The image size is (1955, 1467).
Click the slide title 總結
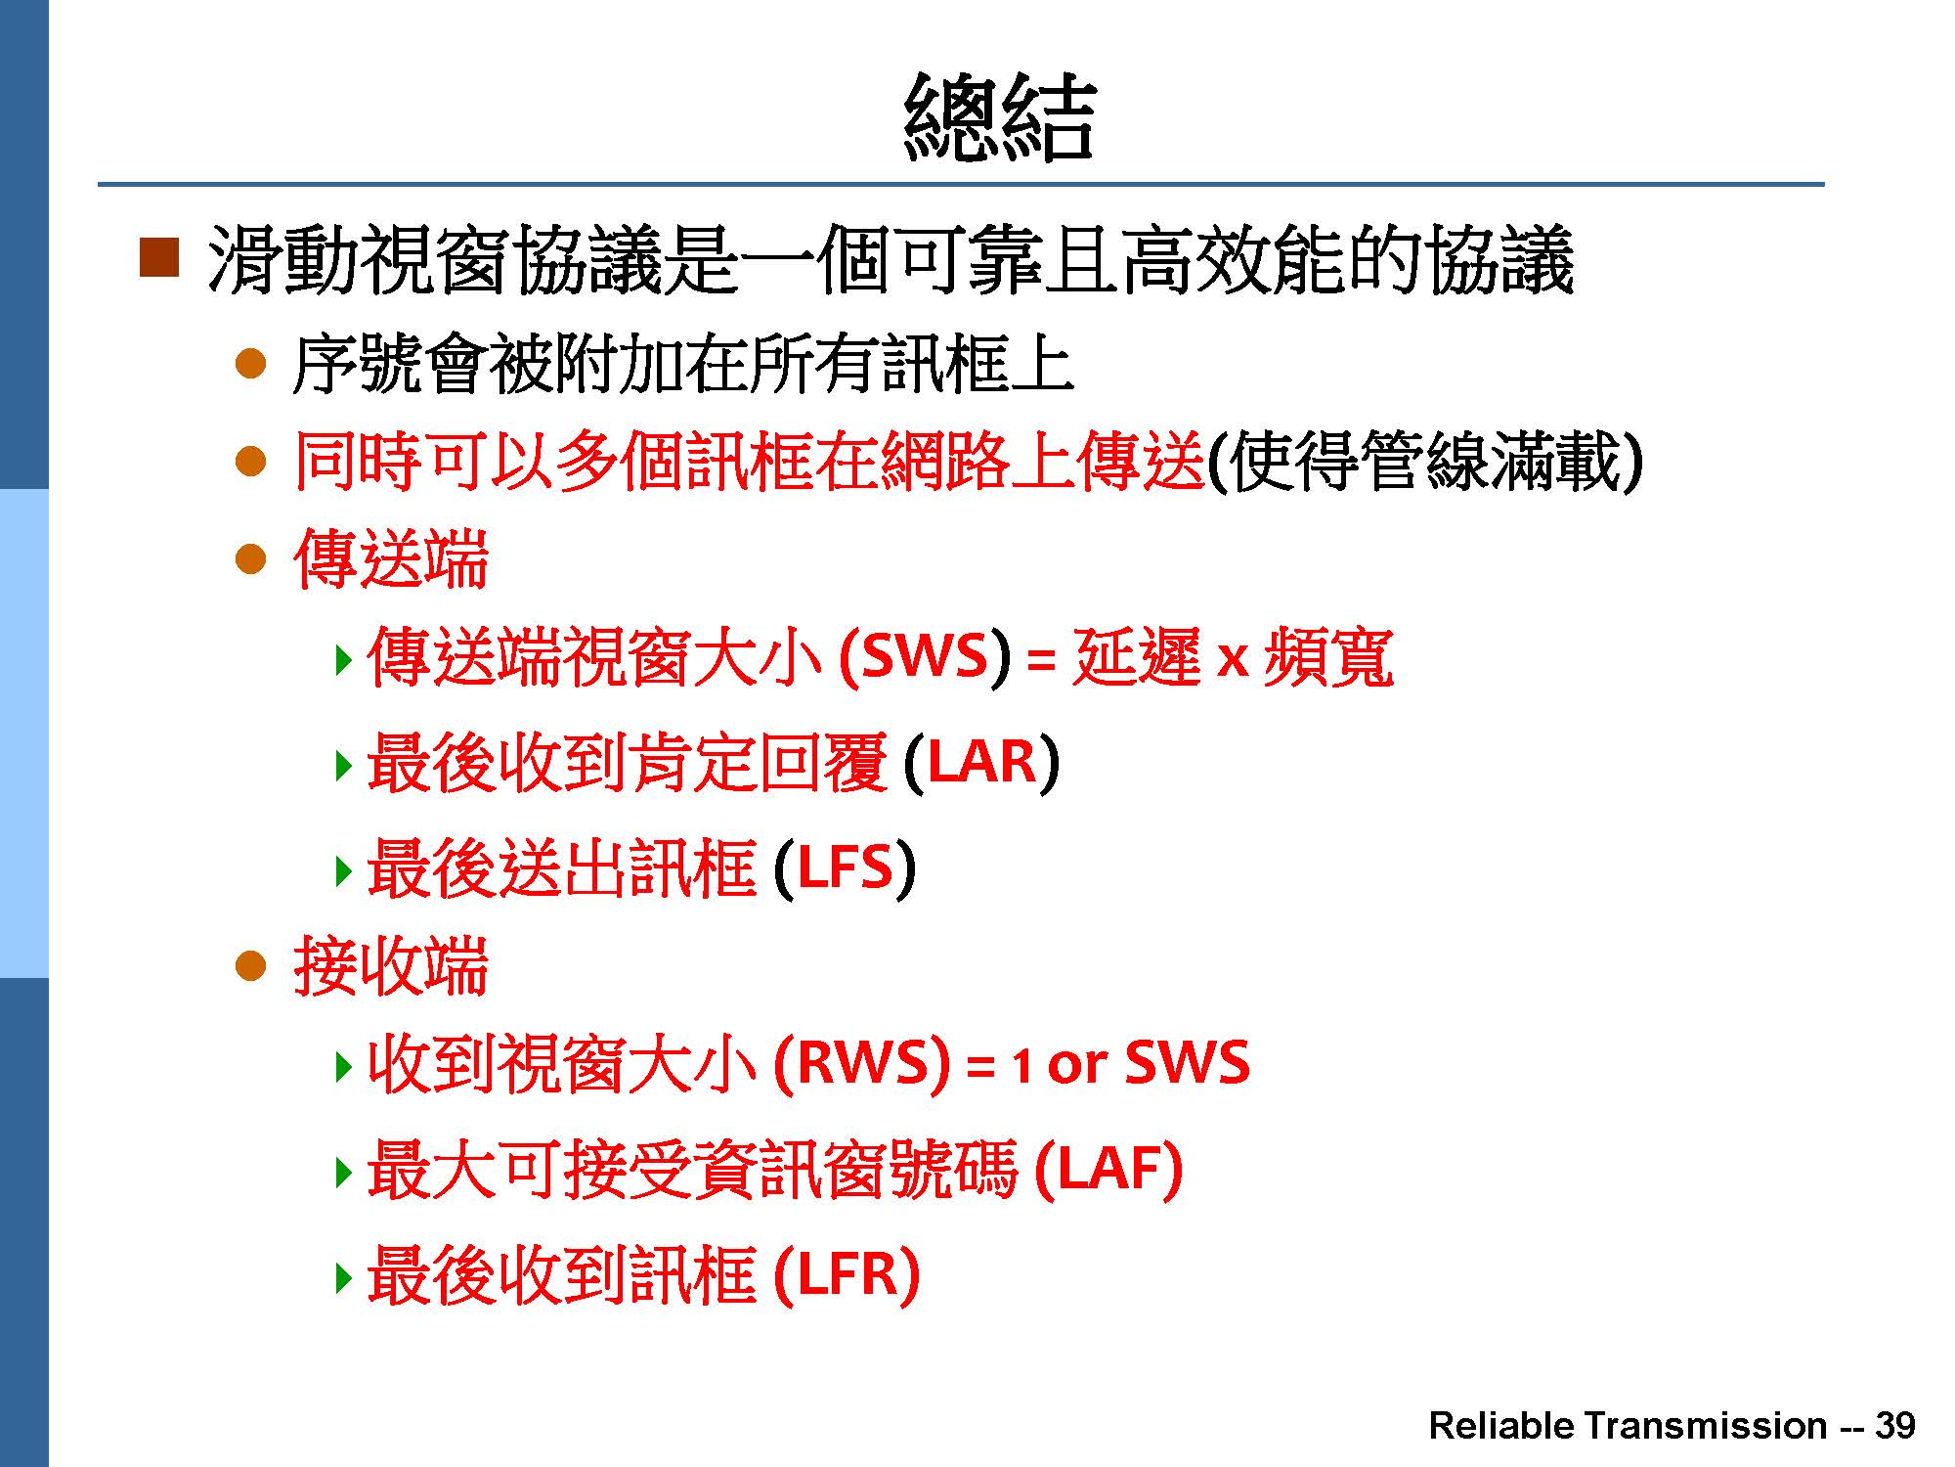pos(998,117)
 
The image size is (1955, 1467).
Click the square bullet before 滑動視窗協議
pos(159,257)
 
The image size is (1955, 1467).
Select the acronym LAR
pos(980,762)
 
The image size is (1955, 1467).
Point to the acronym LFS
pos(845,867)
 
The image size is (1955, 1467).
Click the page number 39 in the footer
pos(1894,1426)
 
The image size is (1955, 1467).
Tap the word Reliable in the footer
pos(1500,1426)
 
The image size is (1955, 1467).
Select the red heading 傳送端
pos(390,558)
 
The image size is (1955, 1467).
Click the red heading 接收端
pos(390,966)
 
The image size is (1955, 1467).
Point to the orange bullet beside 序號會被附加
pos(251,365)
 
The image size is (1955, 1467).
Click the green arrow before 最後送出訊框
pos(342,869)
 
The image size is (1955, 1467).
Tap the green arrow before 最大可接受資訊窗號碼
pos(342,1171)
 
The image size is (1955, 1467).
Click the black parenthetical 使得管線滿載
pos(1424,461)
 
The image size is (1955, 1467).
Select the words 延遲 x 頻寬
pos(1233,656)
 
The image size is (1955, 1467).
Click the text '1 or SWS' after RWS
pos(1130,1063)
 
